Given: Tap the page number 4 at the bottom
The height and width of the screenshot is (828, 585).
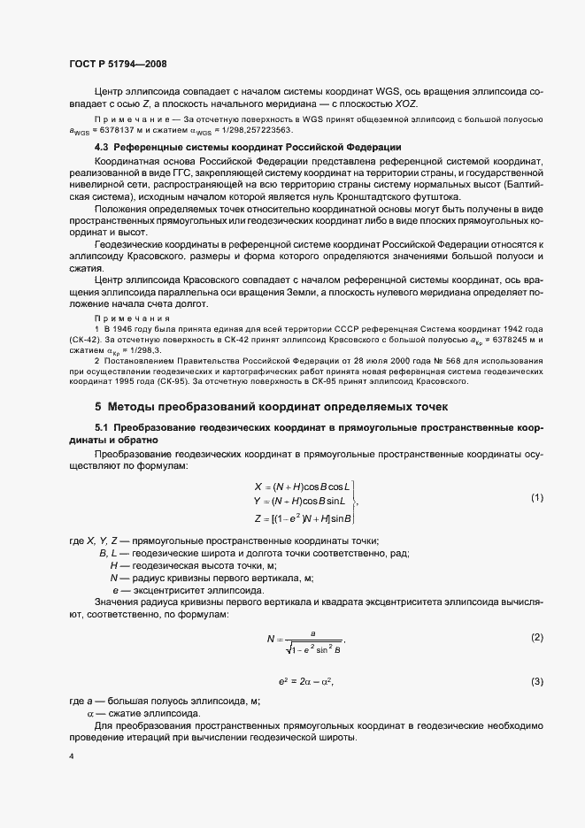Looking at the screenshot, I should click(72, 757).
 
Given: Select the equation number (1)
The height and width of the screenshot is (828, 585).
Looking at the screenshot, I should click(536, 498).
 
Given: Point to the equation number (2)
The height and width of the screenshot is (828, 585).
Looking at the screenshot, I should click(536, 638).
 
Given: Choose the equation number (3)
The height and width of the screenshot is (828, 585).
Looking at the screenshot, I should click(536, 681).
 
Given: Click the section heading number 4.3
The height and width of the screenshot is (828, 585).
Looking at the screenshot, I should click(103, 147).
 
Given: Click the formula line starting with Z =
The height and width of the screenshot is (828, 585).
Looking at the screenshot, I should click(303, 517).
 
